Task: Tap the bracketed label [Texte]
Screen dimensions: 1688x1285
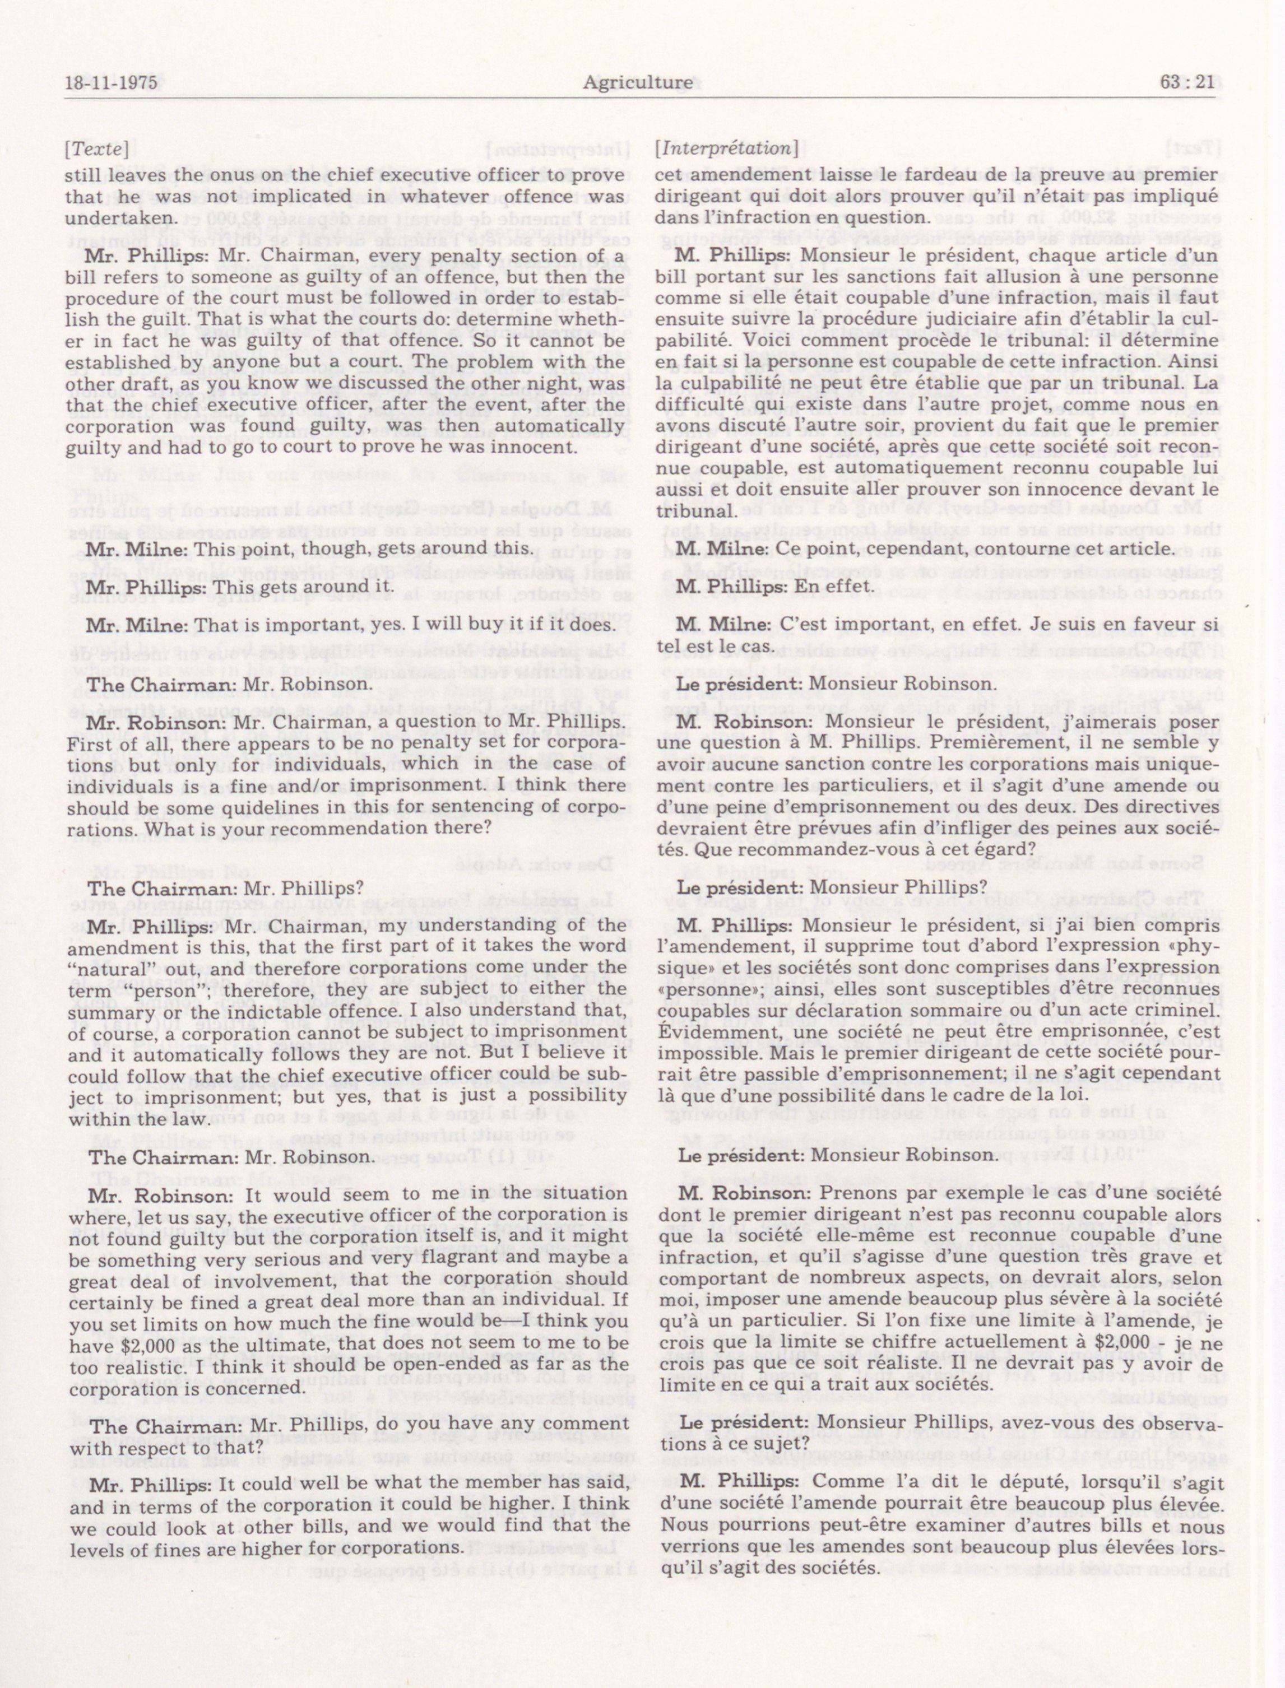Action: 96,149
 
